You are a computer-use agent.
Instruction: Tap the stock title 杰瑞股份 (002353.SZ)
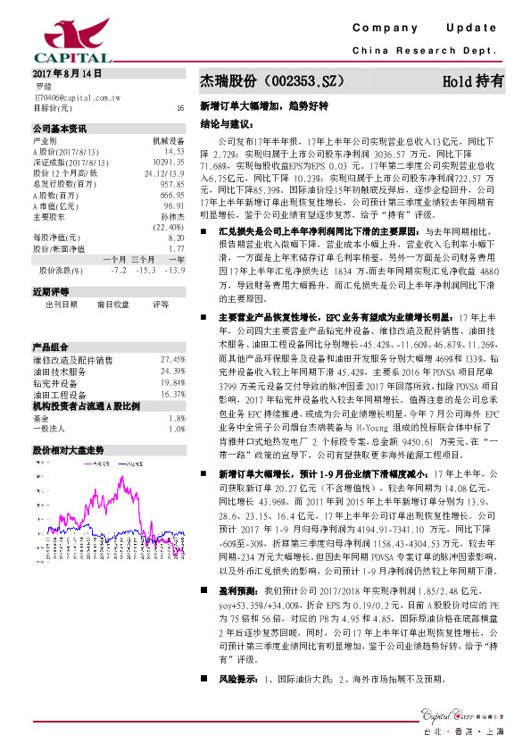coord(271,81)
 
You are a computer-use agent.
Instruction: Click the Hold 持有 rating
coord(473,81)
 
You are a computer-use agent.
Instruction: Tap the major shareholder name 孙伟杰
coord(172,215)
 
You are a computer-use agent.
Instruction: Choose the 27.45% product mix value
coord(171,358)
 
